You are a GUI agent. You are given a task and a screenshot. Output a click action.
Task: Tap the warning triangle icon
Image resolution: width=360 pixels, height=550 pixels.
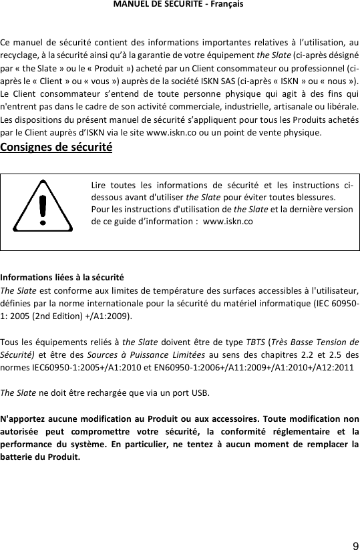click(x=43, y=206)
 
